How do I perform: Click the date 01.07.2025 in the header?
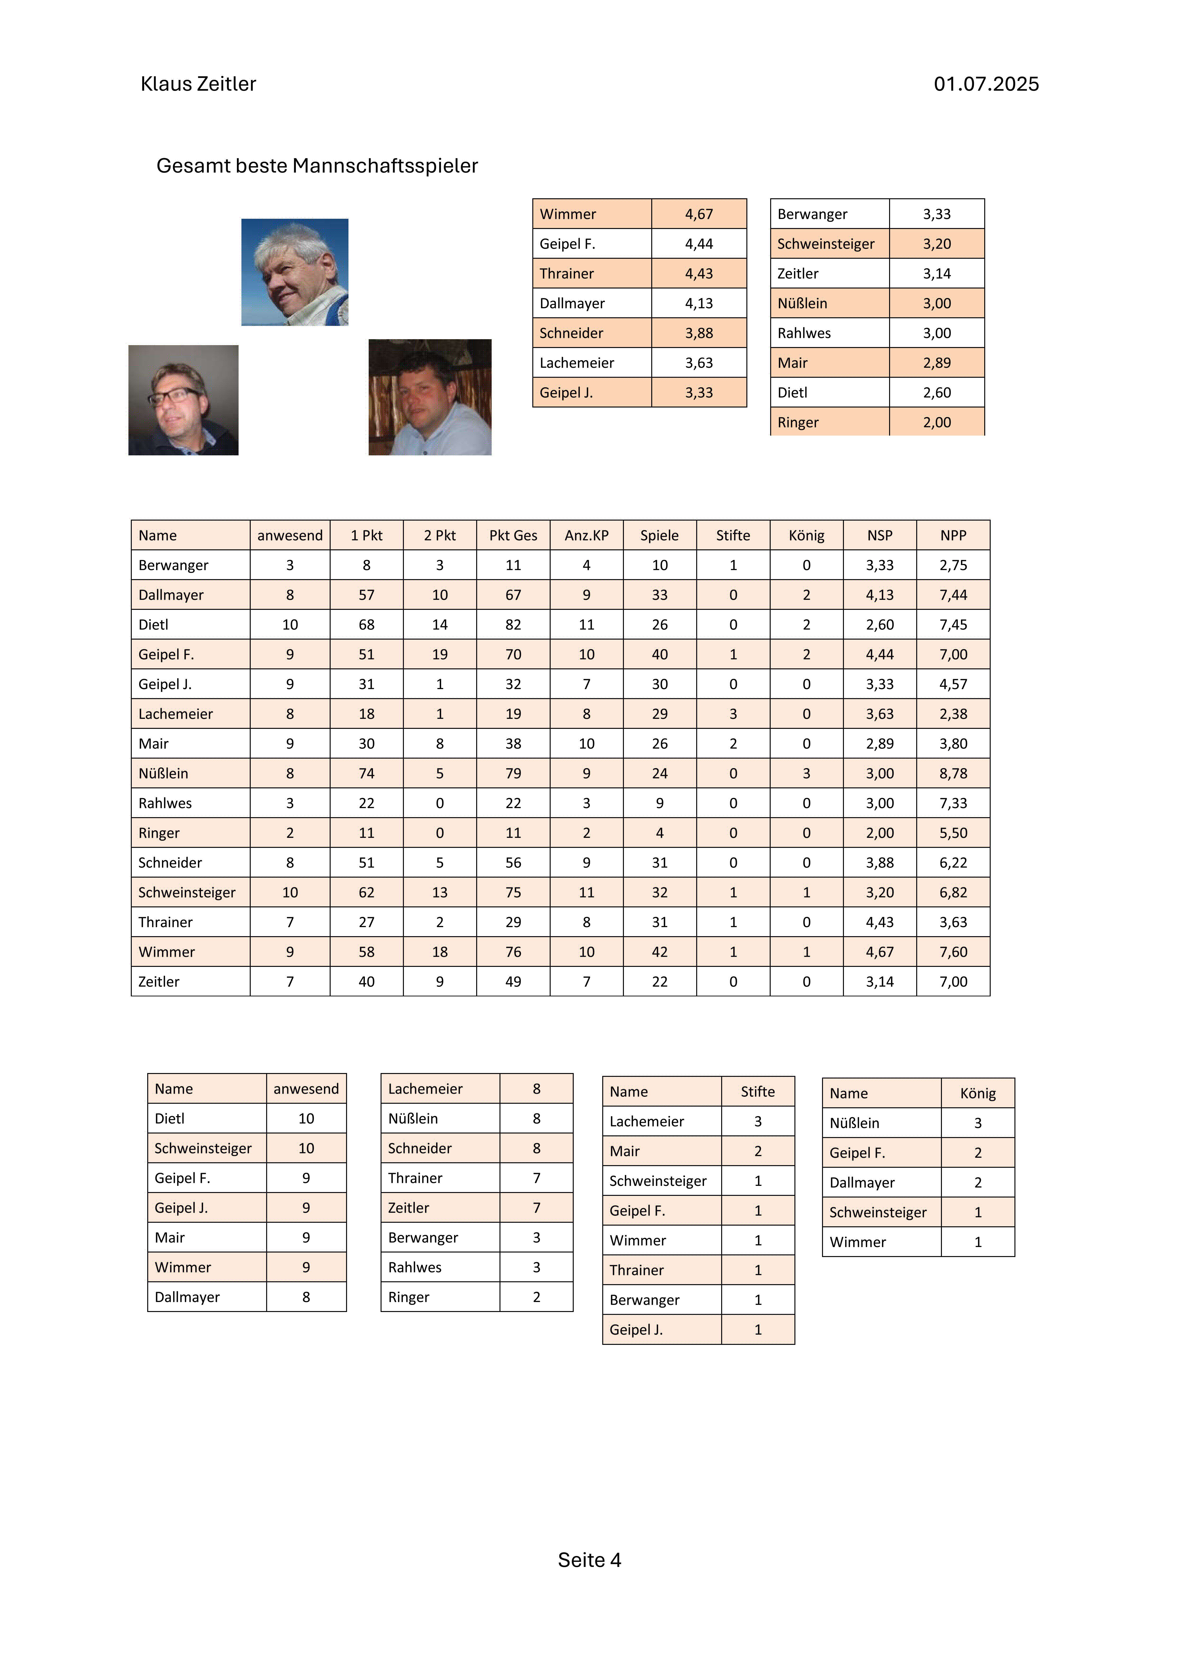(x=986, y=84)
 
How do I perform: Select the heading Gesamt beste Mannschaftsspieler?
(x=317, y=166)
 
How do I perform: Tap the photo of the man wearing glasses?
(x=183, y=400)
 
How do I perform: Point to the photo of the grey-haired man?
(x=294, y=272)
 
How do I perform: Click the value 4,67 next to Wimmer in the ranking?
(x=699, y=214)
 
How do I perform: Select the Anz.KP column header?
(x=586, y=535)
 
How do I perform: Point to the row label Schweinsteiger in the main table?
(x=187, y=892)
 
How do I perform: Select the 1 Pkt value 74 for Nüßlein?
(x=367, y=773)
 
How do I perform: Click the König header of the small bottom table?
(x=977, y=1093)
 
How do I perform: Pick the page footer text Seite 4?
(x=589, y=1560)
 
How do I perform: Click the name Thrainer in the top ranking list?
(x=566, y=273)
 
